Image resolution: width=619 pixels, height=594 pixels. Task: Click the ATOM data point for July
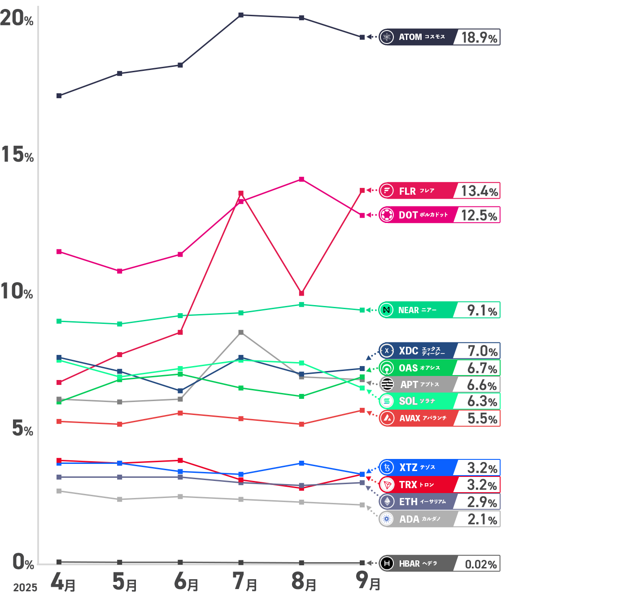click(241, 15)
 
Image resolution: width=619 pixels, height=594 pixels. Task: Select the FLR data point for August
click(301, 293)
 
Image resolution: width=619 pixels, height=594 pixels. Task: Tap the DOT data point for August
click(301, 179)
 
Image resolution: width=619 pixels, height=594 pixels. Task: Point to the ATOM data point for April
click(59, 96)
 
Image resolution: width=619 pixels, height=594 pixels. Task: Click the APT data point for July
click(241, 332)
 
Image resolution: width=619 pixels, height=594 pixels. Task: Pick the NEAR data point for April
click(59, 321)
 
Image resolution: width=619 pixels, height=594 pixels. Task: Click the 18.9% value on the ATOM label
click(479, 37)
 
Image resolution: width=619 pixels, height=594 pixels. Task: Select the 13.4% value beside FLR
click(479, 191)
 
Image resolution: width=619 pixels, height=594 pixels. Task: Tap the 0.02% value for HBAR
click(480, 564)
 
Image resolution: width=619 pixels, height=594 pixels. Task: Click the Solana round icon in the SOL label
click(387, 401)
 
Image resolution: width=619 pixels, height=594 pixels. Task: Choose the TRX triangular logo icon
click(387, 485)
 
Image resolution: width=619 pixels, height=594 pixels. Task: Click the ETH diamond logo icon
click(387, 502)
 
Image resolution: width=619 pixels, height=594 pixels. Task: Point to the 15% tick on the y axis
click(17, 155)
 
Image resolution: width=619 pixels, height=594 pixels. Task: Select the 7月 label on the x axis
click(245, 582)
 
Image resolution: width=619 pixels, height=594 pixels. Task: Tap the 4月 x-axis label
click(63, 582)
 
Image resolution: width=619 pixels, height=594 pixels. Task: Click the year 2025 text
click(25, 588)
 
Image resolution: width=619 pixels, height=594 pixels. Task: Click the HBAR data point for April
click(59, 562)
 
